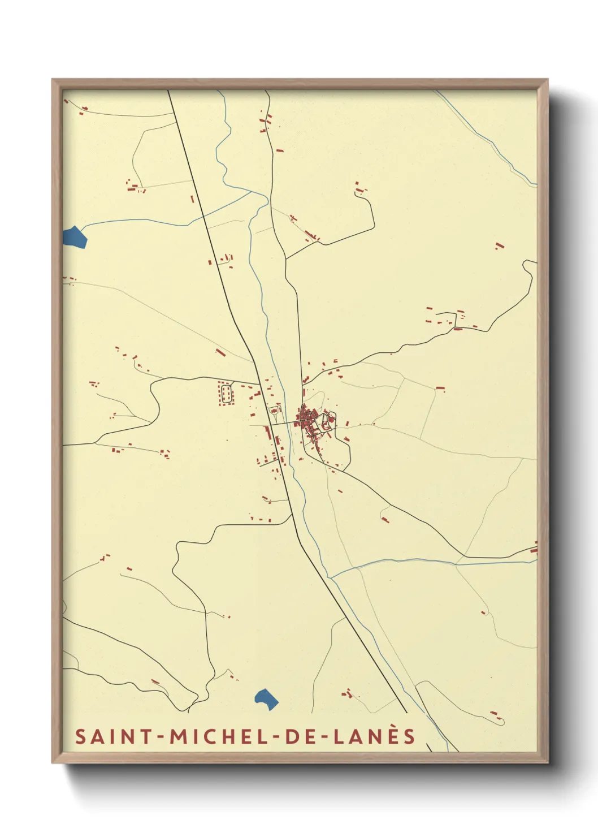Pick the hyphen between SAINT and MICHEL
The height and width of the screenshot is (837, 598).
pos(161,737)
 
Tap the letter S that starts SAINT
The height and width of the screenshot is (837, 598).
pos(80,736)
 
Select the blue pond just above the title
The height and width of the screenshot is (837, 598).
pos(266,699)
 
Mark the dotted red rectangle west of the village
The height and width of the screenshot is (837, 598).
pos(226,393)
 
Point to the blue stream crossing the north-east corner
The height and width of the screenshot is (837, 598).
pos(486,139)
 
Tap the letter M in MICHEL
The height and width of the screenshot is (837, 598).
pos(179,736)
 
